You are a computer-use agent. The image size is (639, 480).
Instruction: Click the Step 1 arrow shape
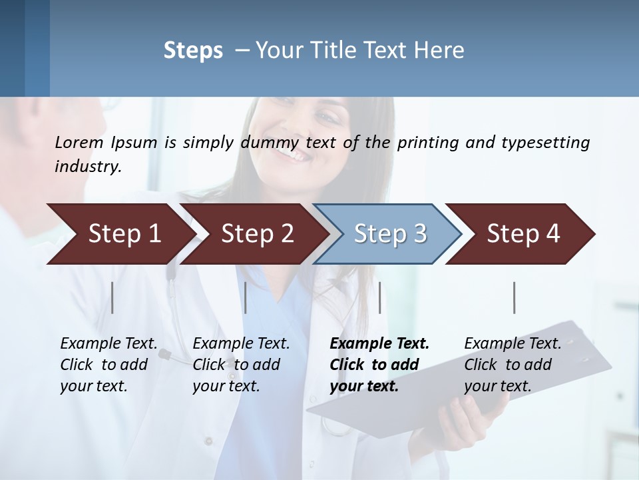coord(120,234)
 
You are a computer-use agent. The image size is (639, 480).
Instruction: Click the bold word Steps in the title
coord(193,51)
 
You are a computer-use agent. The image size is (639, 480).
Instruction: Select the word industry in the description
coord(87,167)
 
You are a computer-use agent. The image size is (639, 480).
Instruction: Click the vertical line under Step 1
coord(112,297)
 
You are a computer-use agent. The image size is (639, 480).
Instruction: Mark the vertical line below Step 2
coord(246,297)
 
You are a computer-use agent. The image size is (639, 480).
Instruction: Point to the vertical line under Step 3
coord(379,297)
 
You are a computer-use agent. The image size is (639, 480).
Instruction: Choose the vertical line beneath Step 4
coord(514,297)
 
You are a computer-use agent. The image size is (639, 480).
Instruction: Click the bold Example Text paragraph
coord(379,365)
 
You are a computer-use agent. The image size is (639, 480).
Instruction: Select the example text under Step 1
coord(108,365)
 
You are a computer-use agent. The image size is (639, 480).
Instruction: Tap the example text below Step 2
coord(241,365)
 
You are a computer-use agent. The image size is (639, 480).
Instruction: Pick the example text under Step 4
coord(513,365)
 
